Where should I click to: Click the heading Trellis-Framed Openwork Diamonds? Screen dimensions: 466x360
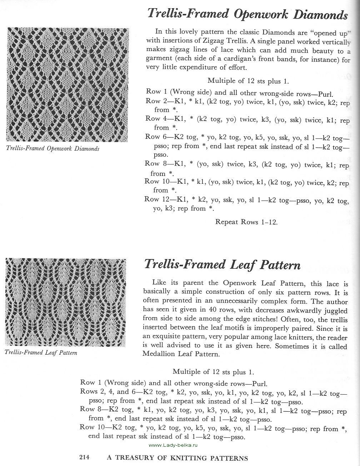[247, 14]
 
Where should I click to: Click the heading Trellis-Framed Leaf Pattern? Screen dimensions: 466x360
[222, 265]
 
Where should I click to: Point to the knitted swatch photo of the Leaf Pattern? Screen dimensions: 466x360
[66, 302]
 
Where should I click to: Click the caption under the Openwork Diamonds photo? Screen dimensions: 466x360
[53, 148]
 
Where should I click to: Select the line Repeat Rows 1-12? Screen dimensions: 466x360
[246, 222]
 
